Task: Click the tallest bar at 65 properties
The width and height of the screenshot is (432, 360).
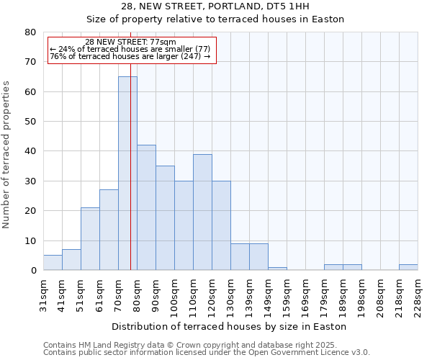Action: coord(127,173)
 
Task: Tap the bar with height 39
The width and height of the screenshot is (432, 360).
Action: coord(202,212)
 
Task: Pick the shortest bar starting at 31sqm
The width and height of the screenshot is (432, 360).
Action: coord(53,263)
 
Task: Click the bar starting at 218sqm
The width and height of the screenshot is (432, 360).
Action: coord(408,267)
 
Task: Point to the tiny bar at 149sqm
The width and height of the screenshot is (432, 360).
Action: coord(277,269)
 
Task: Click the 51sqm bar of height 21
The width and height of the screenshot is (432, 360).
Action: coord(90,239)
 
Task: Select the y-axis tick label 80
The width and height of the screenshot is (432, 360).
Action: coord(30,32)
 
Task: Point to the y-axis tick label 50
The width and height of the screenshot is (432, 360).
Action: coord(30,122)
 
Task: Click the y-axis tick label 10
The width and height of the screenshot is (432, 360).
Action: coord(30,241)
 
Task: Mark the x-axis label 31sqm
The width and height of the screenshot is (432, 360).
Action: coord(43,292)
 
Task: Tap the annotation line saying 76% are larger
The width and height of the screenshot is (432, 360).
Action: coord(130,56)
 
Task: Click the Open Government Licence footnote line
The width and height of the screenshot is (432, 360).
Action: coord(206,353)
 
